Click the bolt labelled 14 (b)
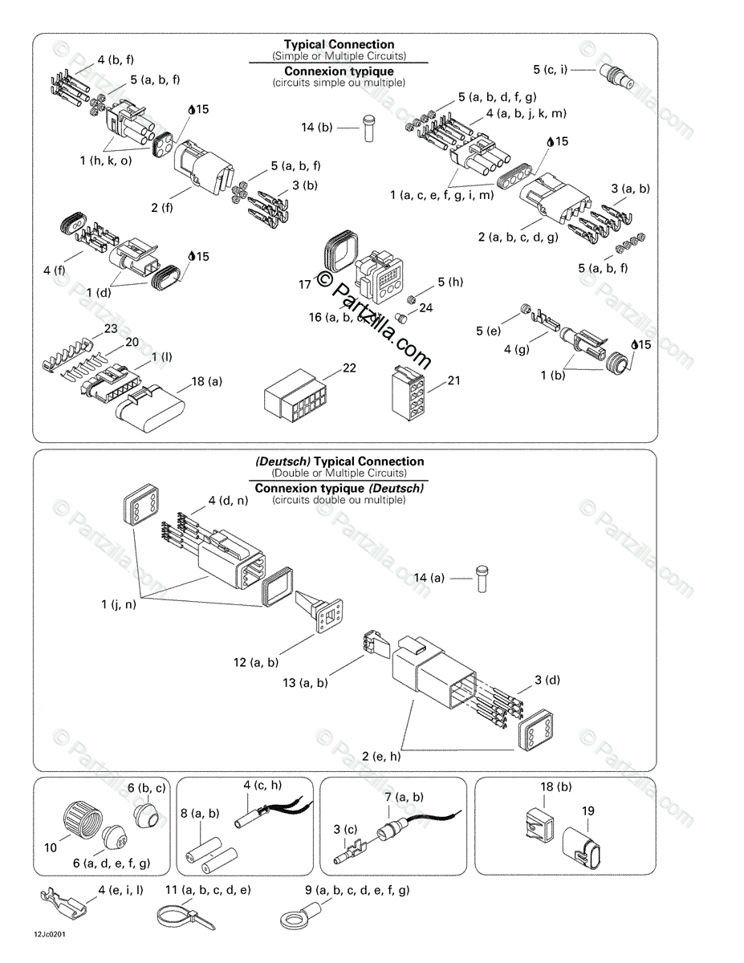click(x=369, y=128)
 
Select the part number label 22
click(x=349, y=368)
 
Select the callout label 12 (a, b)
click(x=256, y=662)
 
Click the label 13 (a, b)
click(x=306, y=683)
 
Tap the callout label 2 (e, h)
click(x=381, y=756)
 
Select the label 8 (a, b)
click(x=200, y=813)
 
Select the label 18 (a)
click(x=206, y=382)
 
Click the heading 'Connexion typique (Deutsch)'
click(x=339, y=488)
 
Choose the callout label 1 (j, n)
click(x=119, y=604)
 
